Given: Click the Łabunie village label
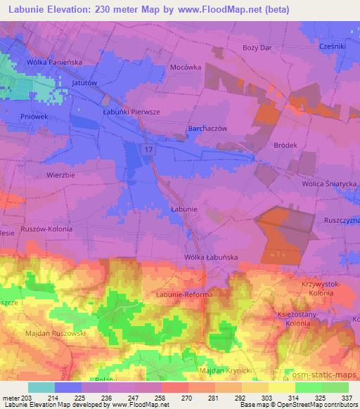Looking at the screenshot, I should (x=184, y=209).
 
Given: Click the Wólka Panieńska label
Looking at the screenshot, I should (x=55, y=63).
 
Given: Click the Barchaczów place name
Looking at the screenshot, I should (x=207, y=129).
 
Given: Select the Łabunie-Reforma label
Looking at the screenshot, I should (x=184, y=294).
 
